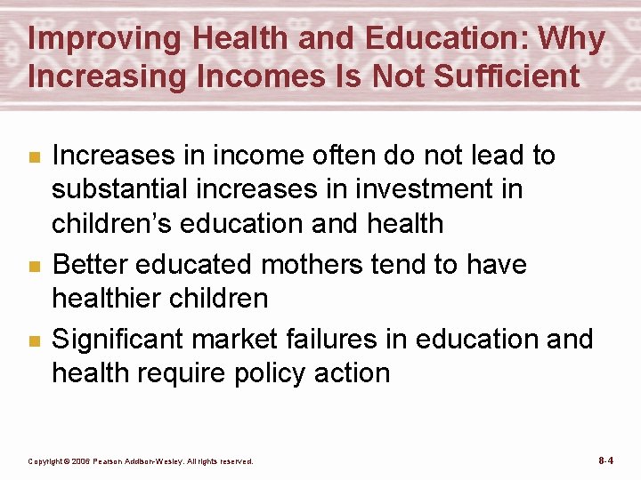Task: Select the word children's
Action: (x=112, y=222)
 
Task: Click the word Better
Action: (x=93, y=264)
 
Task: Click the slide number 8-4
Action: (x=605, y=460)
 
